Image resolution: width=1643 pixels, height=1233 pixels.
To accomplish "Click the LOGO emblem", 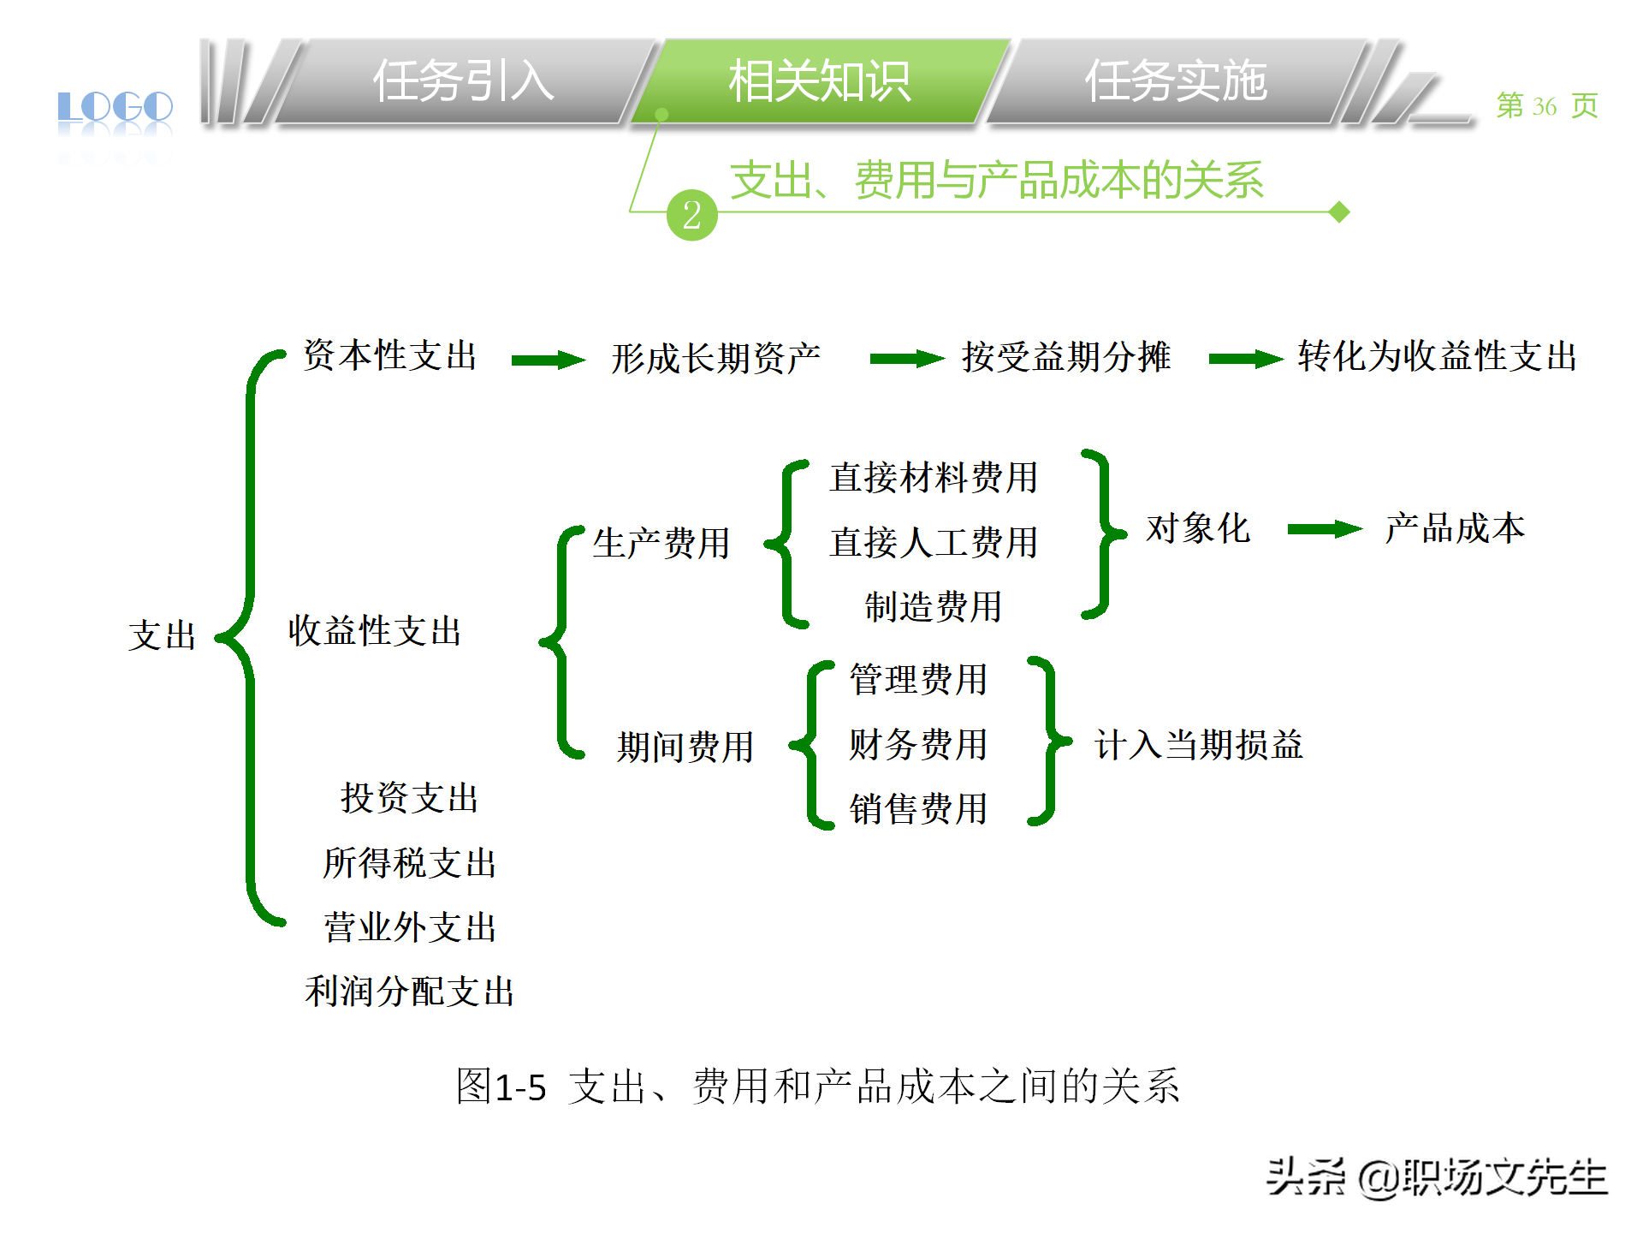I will pyautogui.click(x=116, y=108).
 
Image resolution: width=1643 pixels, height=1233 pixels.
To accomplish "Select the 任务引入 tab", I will pyautogui.click(x=463, y=82).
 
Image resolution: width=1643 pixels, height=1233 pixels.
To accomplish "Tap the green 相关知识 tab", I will pyautogui.click(x=819, y=82).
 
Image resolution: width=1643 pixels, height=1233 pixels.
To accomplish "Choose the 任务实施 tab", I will pyautogui.click(x=1175, y=82).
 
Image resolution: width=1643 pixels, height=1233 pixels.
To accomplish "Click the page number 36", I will pyautogui.click(x=1544, y=106).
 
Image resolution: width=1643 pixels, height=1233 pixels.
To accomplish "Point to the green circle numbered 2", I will pyautogui.click(x=691, y=215).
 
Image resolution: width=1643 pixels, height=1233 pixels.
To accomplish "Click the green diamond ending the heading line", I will pyautogui.click(x=1339, y=211).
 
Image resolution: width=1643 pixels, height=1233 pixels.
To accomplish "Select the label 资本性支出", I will pyautogui.click(x=390, y=355).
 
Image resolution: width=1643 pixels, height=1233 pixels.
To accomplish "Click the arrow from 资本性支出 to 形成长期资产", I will pyautogui.click(x=548, y=360).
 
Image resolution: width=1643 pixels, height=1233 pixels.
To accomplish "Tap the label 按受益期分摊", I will pyautogui.click(x=1065, y=357).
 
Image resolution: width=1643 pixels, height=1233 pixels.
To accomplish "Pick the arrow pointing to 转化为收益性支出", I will pyautogui.click(x=1245, y=360).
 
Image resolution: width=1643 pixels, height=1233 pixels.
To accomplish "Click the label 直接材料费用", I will pyautogui.click(x=934, y=478).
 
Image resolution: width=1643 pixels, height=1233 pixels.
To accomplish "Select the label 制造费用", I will pyautogui.click(x=933, y=607).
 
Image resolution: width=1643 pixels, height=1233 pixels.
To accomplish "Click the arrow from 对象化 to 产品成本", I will pyautogui.click(x=1324, y=529).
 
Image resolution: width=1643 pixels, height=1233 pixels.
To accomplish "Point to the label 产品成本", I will pyautogui.click(x=1455, y=528).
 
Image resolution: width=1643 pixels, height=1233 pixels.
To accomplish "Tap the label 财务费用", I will pyautogui.click(x=918, y=744).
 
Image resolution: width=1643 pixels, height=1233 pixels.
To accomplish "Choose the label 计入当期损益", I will pyautogui.click(x=1198, y=745).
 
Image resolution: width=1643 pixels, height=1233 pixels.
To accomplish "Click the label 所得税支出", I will pyautogui.click(x=410, y=863).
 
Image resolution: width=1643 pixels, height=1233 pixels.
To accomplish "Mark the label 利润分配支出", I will pyautogui.click(x=410, y=992).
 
